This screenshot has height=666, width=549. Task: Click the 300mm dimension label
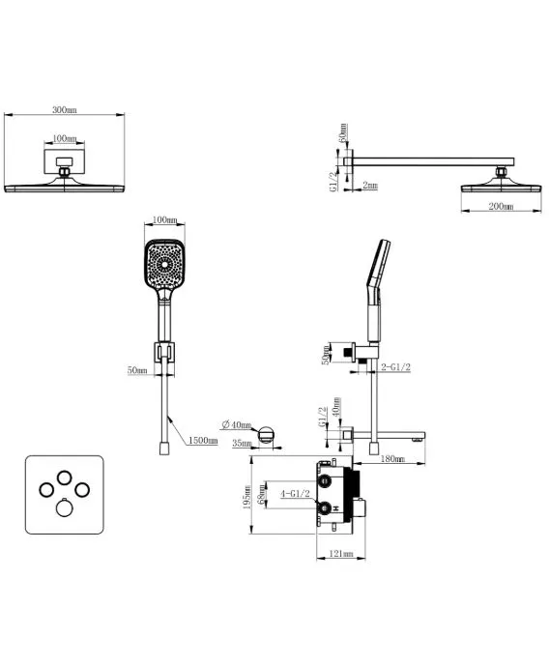tap(65, 109)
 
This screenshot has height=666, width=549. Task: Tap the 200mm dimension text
tap(501, 207)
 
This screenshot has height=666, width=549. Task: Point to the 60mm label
tap(343, 132)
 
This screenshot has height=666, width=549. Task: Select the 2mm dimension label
tap(370, 186)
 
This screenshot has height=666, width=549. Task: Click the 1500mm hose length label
tap(203, 441)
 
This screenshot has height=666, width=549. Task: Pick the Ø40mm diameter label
tap(237, 424)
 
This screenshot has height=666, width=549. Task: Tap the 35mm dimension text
tap(242, 443)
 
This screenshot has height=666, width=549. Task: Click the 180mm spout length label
tap(392, 459)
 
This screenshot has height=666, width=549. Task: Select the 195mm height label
tap(247, 498)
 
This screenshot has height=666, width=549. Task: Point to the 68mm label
tap(262, 495)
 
